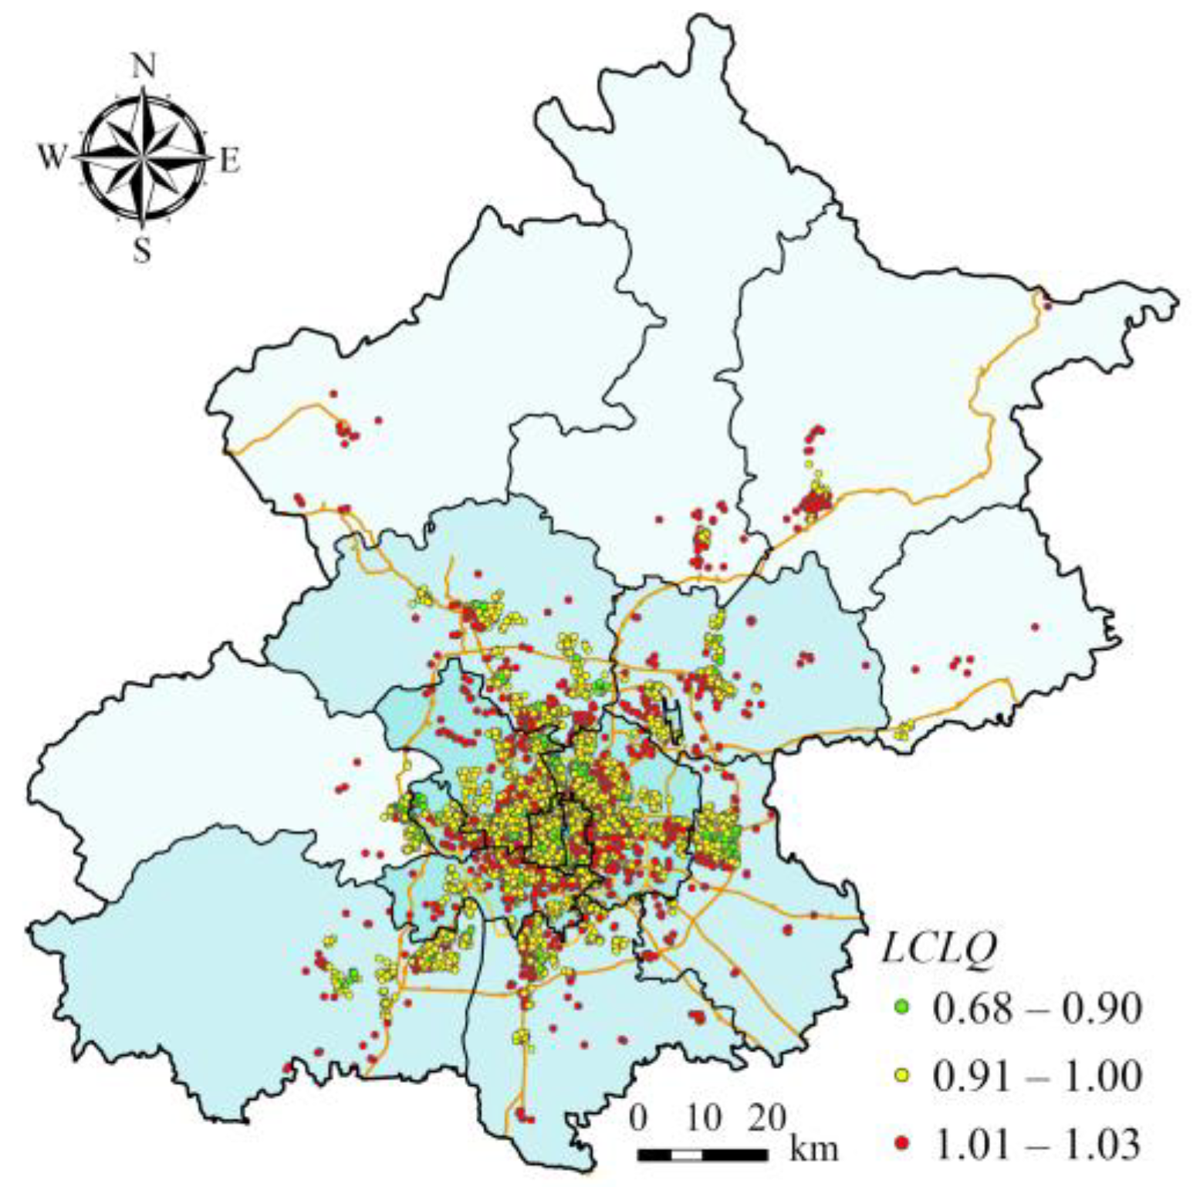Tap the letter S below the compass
pyautogui.click(x=142, y=249)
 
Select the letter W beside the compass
pyautogui.click(x=52, y=158)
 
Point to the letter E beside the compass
pyautogui.click(x=230, y=161)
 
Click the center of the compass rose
pyautogui.click(x=143, y=157)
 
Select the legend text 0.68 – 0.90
pyautogui.click(x=1036, y=1008)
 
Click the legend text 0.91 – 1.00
pyautogui.click(x=1036, y=1075)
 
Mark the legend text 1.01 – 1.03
pyautogui.click(x=1036, y=1143)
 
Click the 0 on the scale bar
pyautogui.click(x=639, y=1117)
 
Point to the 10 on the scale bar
pyautogui.click(x=704, y=1117)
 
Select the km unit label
pyautogui.click(x=813, y=1148)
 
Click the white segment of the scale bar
pyautogui.click(x=687, y=1155)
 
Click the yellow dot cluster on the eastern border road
pyautogui.click(x=902, y=729)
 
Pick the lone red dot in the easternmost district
pyautogui.click(x=1035, y=627)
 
